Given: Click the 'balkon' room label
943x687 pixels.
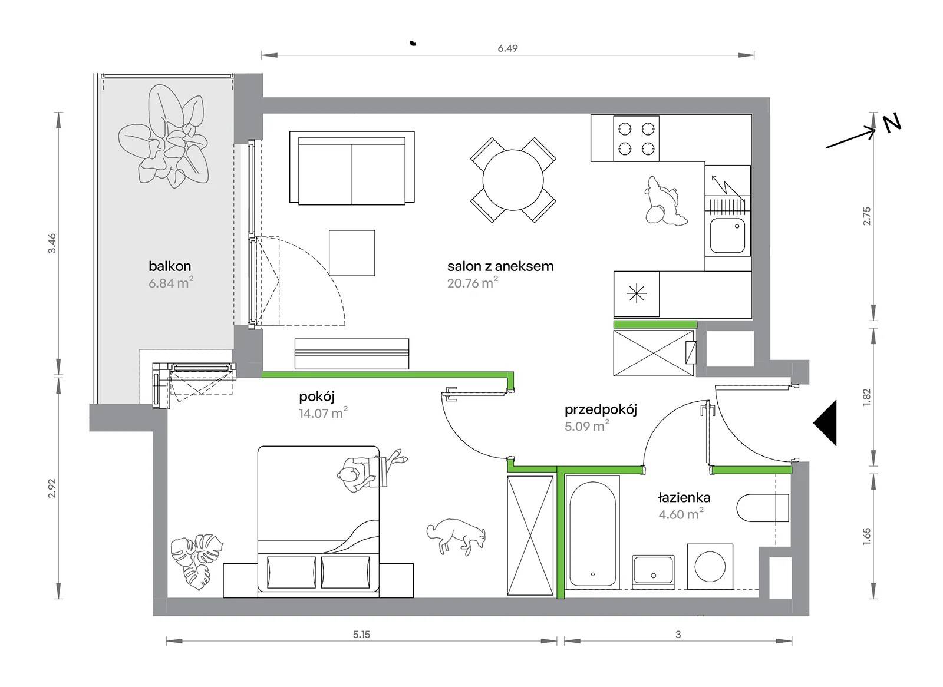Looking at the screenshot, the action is point(170,266).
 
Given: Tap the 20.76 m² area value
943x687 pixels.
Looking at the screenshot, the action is point(472,282).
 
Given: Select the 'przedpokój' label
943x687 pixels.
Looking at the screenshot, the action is point(601,410).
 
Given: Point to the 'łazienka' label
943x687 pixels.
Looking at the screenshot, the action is point(684,497).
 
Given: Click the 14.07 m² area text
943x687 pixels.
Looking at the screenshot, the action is point(324,413).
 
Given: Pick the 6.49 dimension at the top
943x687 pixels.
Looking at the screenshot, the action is point(507,48).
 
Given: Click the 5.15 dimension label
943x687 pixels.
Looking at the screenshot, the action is point(362,635).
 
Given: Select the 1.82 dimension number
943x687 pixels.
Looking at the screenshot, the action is point(866,397).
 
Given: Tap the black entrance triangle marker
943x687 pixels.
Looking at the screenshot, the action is point(826,422).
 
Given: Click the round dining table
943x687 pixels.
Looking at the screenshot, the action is point(513,180).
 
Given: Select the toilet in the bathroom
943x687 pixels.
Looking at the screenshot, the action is point(763,508).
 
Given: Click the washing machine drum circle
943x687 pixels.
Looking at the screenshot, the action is point(710,566).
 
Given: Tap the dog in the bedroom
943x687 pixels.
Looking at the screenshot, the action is point(456,533).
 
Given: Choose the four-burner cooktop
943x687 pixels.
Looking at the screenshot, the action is point(636,138).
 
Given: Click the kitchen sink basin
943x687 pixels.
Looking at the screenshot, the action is point(727,236).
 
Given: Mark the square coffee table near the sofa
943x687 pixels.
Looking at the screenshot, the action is point(352,253).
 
